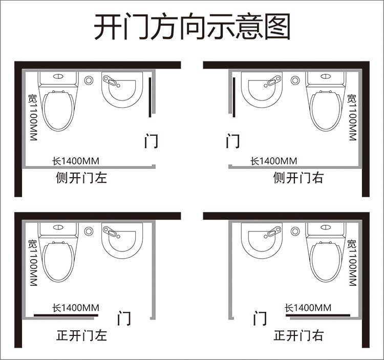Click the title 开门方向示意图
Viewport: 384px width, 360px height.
tap(192, 27)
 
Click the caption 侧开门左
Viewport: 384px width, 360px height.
tap(81, 178)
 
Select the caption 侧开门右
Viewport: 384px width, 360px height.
tap(298, 178)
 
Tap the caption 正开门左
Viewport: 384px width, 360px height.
tap(81, 336)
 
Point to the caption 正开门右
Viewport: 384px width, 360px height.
tap(298, 336)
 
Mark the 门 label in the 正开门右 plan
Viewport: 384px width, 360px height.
tap(260, 319)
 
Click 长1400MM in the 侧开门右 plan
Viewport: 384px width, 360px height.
tap(273, 161)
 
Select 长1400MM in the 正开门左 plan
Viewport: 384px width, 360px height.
tap(76, 308)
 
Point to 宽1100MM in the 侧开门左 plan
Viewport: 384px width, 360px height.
tap(33, 118)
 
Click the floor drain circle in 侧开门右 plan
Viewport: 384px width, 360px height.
tap(295, 80)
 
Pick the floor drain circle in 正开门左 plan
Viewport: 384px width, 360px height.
tap(89, 231)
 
